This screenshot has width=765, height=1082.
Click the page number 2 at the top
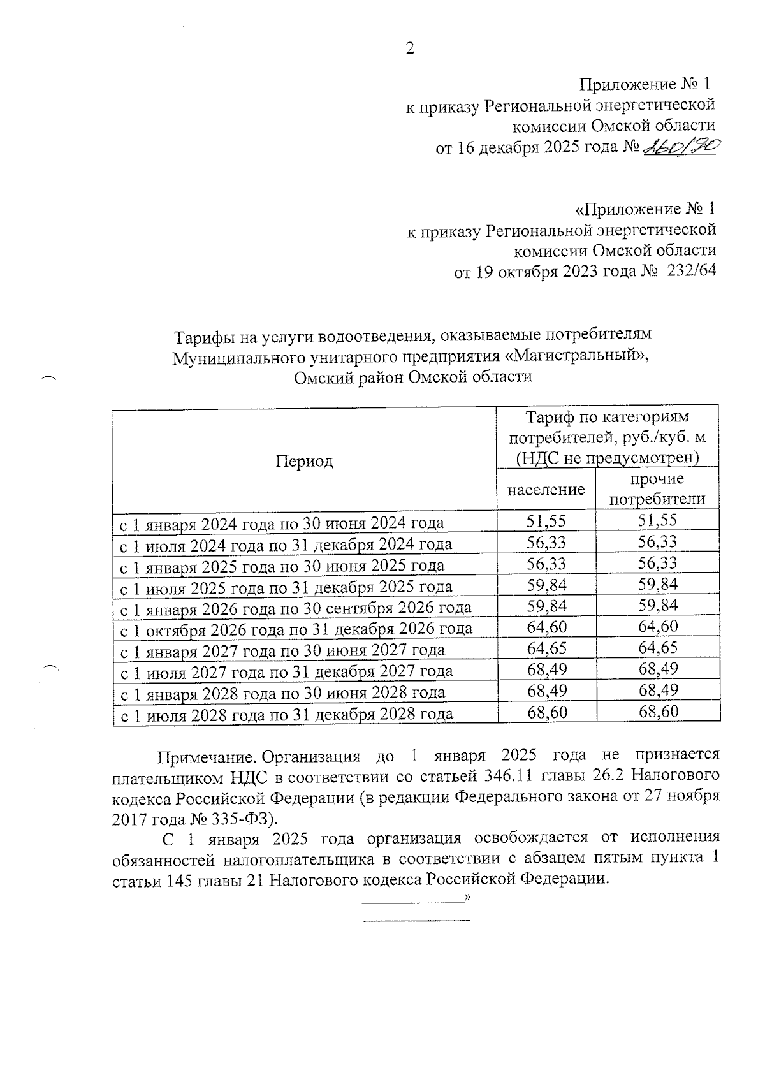tap(410, 48)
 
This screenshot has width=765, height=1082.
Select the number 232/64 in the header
tap(690, 270)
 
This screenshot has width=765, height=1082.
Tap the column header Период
tap(304, 461)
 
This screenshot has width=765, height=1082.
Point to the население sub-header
tap(546, 490)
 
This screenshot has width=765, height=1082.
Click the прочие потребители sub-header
tap(657, 489)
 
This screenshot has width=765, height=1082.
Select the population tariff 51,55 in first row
tap(546, 521)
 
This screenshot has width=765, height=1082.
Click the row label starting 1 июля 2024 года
tap(286, 545)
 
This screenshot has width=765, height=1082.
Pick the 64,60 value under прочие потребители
tap(658, 626)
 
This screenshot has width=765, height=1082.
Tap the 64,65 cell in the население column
tap(546, 648)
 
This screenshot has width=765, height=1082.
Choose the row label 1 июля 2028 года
tap(287, 714)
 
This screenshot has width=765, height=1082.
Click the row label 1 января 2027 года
tap(282, 651)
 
